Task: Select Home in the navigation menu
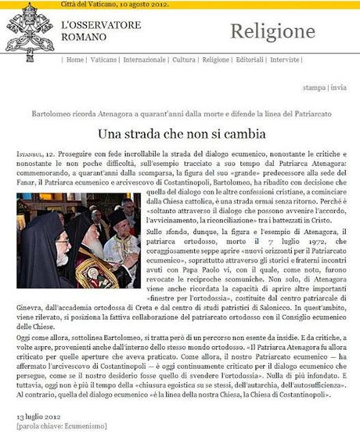76,60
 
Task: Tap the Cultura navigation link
185,60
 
